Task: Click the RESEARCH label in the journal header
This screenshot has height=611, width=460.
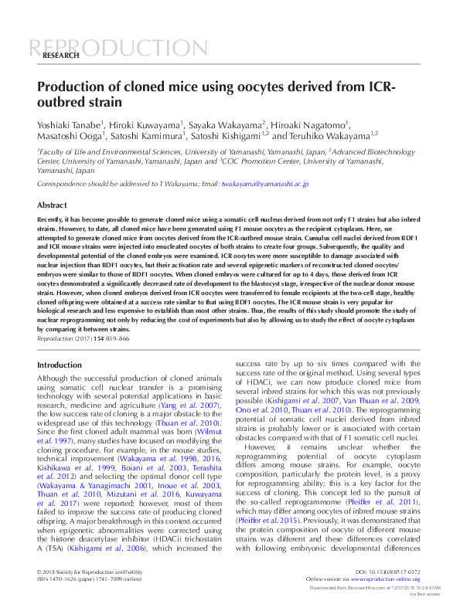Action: (60, 56)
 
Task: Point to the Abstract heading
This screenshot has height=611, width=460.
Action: (53, 205)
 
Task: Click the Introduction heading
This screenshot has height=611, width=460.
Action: (60, 365)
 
